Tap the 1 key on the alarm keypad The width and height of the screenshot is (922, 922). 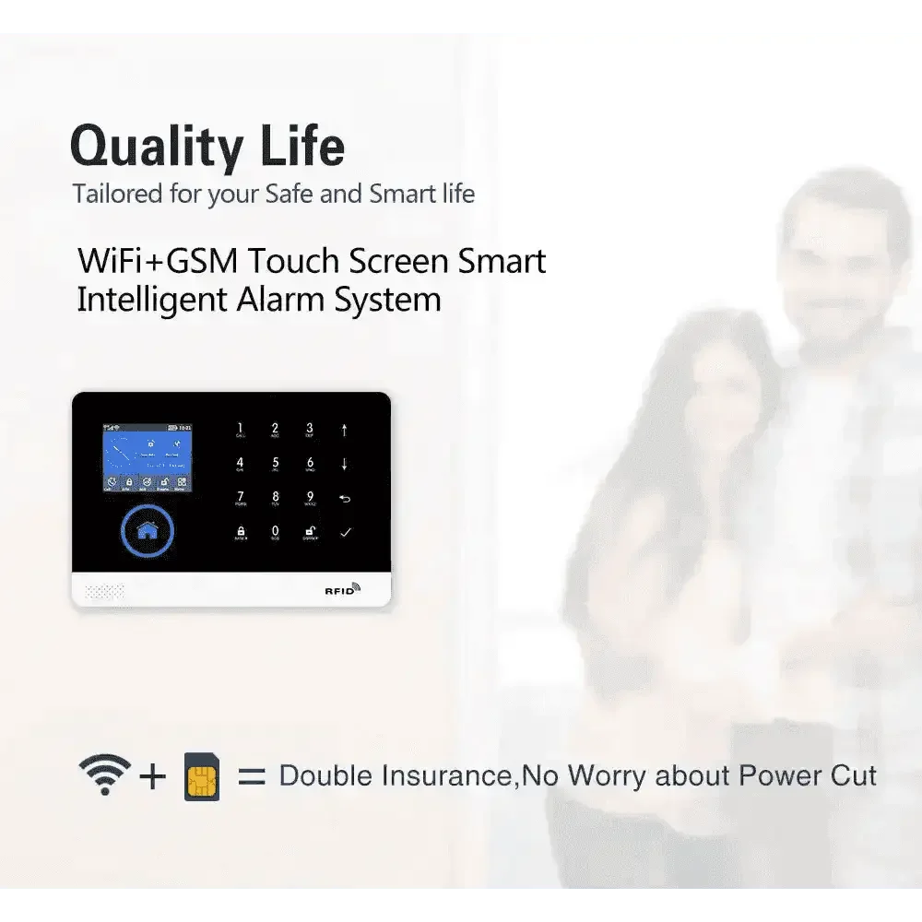241,430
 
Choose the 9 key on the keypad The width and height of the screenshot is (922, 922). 310,499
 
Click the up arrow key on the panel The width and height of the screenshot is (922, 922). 345,430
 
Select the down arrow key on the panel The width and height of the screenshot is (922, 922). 345,464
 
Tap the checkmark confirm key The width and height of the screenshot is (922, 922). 346,533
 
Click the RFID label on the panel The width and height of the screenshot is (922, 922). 341,590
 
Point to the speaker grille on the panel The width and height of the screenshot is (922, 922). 104,590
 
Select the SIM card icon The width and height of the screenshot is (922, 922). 202,775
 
